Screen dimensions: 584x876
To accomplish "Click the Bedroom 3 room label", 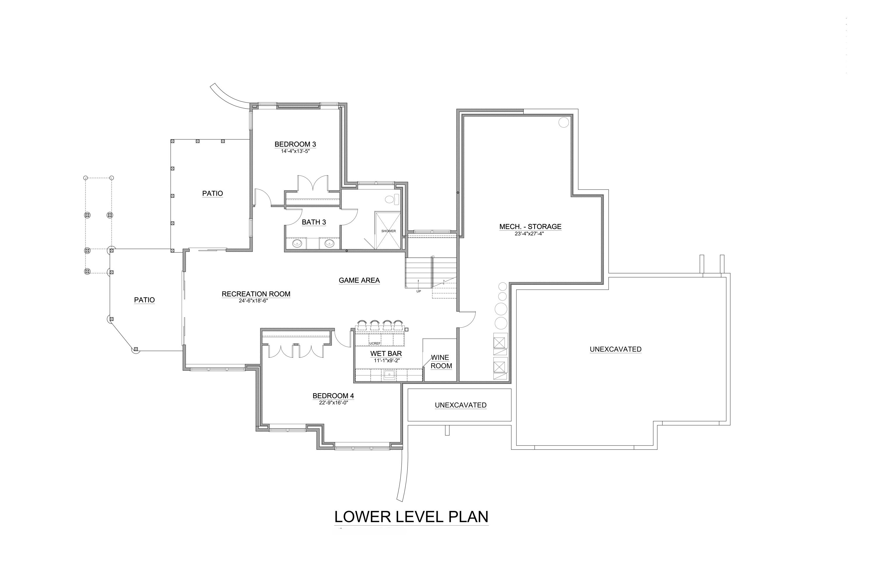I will tap(295, 145).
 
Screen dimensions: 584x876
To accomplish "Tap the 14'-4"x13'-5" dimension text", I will tap(295, 151).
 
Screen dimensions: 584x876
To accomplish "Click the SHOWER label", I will tap(388, 231).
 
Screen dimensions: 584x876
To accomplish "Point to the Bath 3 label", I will tap(314, 222).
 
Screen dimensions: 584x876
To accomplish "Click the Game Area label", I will tap(359, 280).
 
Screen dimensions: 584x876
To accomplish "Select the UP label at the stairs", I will tap(419, 291).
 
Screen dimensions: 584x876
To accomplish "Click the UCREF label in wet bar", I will tap(375, 343).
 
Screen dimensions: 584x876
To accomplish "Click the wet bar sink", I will tap(389, 375).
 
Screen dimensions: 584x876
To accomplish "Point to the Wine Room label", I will tap(441, 362).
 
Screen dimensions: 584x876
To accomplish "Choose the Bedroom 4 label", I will tap(333, 396).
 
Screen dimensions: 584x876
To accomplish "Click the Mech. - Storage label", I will tap(530, 227).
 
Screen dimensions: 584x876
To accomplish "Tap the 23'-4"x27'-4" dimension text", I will tap(530, 234).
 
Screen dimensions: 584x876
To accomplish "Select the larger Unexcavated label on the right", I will tap(615, 349).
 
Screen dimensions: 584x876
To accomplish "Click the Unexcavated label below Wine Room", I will tap(460, 405).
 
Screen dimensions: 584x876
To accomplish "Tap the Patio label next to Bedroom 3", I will tap(212, 193).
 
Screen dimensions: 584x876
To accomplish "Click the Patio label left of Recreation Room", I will tap(144, 300).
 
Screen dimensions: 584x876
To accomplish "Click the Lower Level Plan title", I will tap(411, 517).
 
